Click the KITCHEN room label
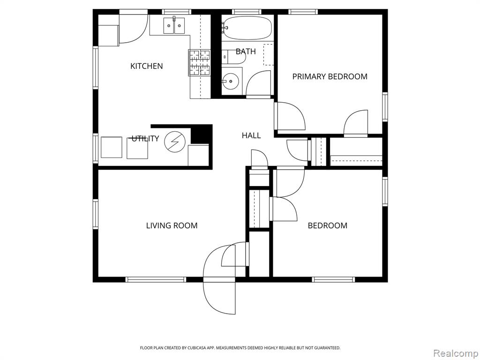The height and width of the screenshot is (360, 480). pyautogui.click(x=146, y=66)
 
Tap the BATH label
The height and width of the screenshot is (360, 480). pyautogui.click(x=246, y=52)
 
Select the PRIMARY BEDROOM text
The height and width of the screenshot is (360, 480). pyautogui.click(x=330, y=76)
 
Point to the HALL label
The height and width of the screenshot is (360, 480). pyautogui.click(x=251, y=135)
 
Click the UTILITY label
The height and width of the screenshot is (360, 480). pyautogui.click(x=145, y=139)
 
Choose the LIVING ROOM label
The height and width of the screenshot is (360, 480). pyautogui.click(x=172, y=225)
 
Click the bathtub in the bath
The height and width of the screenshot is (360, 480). pyautogui.click(x=247, y=28)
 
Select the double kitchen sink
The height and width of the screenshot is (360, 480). pyautogui.click(x=174, y=25)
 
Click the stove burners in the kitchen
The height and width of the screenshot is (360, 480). pyautogui.click(x=200, y=62)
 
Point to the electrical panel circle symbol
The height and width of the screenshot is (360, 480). pyautogui.click(x=175, y=142)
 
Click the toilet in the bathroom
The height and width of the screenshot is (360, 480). pyautogui.click(x=234, y=57)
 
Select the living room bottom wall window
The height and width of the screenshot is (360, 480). pyautogui.click(x=156, y=279)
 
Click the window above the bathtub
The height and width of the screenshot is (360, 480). pyautogui.click(x=247, y=12)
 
